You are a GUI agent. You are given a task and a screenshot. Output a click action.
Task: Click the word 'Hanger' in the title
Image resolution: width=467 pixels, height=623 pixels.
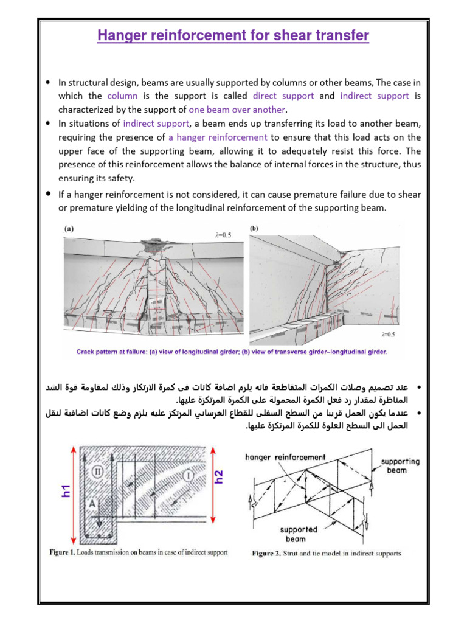[x=123, y=36]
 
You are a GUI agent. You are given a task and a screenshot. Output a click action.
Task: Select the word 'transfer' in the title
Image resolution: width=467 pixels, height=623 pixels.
[x=342, y=36]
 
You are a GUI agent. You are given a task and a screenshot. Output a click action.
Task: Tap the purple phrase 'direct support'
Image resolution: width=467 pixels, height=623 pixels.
[x=283, y=96]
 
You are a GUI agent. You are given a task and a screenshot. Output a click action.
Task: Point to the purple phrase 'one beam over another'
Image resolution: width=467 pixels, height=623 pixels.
[x=237, y=110]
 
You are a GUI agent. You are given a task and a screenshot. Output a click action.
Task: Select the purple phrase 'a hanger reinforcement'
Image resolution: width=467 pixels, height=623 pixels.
[x=218, y=137]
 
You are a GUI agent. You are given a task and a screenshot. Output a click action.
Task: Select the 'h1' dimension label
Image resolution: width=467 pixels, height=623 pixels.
[x=66, y=491]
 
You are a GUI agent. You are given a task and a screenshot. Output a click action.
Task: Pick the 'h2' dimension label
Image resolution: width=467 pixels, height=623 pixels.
[x=220, y=476]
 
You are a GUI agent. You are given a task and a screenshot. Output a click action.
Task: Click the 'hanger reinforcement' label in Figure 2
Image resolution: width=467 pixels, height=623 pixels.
[x=285, y=457]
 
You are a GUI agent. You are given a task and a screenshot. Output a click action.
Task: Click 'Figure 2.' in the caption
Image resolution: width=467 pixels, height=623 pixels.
[x=268, y=554]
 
